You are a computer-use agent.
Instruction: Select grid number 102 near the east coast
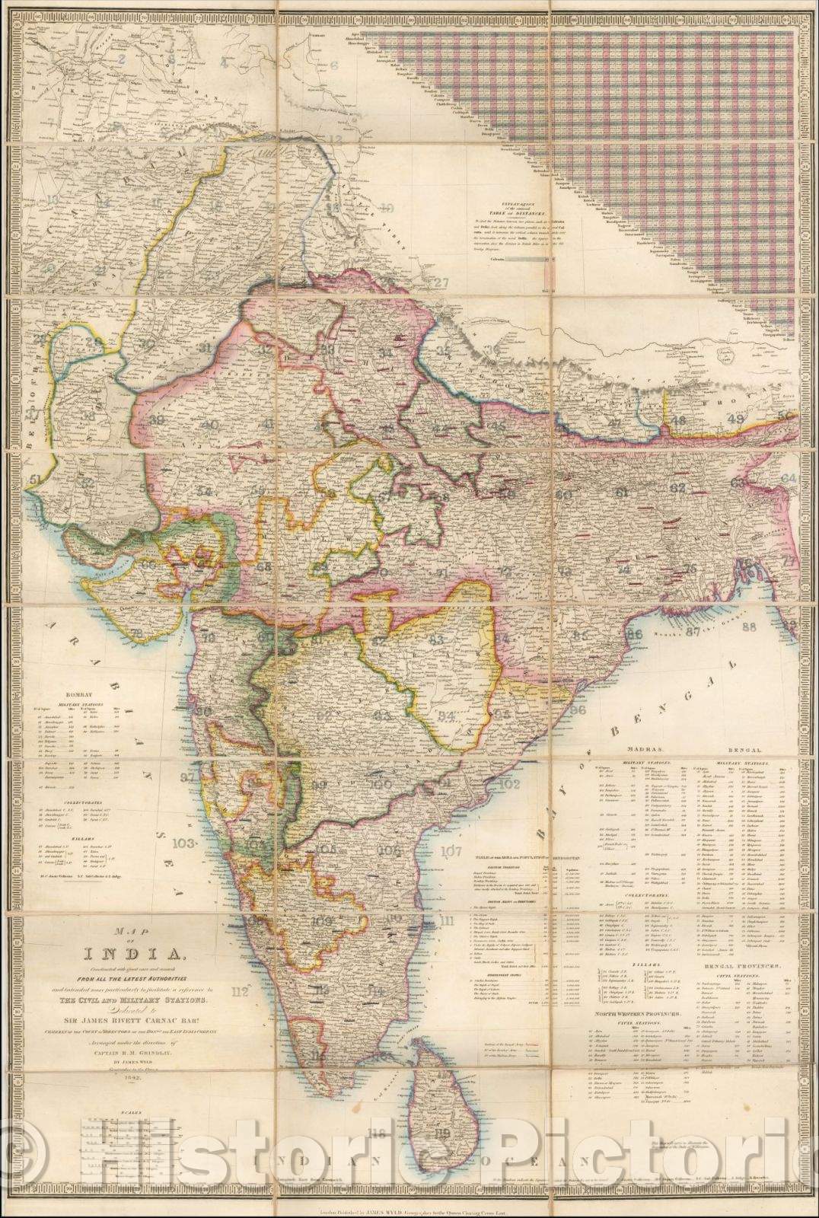point(509,783)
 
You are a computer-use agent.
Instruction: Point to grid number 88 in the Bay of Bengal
point(750,627)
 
